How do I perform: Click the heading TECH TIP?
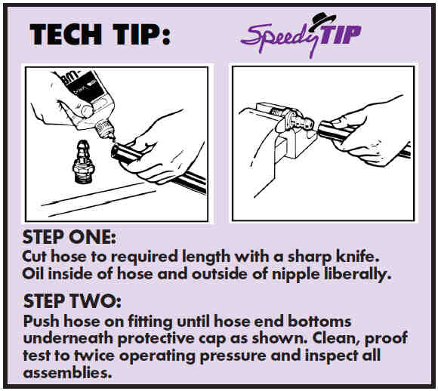click(x=100, y=34)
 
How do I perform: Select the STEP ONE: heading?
click(x=69, y=237)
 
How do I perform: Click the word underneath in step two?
click(x=69, y=338)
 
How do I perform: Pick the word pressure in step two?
click(x=233, y=356)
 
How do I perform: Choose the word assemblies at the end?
click(x=67, y=372)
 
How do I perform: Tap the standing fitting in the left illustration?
click(x=82, y=162)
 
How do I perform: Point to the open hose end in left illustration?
click(x=116, y=152)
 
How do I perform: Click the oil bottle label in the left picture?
click(x=87, y=85)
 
